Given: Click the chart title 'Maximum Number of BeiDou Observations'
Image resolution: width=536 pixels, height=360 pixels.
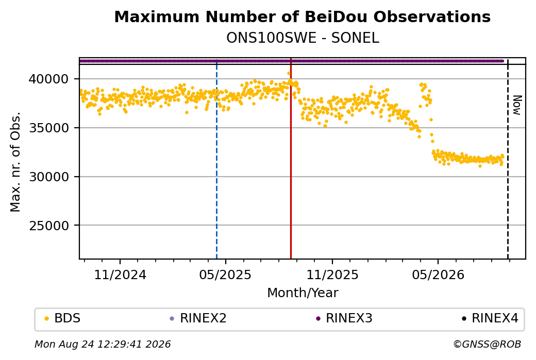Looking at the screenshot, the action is (302, 16).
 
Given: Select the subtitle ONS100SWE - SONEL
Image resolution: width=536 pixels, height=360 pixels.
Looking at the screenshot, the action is (303, 38).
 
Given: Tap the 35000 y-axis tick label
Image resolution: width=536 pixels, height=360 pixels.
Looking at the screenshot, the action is (48, 128).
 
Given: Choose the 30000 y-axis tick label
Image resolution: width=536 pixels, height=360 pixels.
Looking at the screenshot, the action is (48, 177).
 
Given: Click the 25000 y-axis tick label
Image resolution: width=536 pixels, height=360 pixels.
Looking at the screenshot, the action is (48, 226).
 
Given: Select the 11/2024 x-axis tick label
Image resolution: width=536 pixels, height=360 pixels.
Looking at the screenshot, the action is (120, 275).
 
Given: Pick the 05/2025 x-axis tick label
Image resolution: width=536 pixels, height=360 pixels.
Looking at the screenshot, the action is (225, 275).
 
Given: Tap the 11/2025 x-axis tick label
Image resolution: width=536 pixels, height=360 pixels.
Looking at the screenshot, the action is (332, 275).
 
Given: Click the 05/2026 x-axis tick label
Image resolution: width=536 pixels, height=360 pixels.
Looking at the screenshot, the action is (438, 275).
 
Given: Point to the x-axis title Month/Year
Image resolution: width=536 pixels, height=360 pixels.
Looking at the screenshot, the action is (303, 293).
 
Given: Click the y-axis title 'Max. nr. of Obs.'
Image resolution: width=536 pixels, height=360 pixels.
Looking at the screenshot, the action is (15, 162).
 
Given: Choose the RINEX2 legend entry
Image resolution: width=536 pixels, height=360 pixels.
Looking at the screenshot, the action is (198, 318).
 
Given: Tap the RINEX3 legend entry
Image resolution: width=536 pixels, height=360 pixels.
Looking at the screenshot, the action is (344, 318).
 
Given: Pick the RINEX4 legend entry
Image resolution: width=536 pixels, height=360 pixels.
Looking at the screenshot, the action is (490, 318).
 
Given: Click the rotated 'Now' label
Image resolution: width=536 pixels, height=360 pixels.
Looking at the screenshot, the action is (517, 105).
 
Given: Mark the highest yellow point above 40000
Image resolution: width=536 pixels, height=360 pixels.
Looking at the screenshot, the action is (289, 74).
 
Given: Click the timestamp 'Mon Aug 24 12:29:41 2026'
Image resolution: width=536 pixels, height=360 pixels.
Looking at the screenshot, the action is (103, 344).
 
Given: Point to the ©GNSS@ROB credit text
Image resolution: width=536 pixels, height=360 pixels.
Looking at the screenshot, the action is (487, 344).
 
